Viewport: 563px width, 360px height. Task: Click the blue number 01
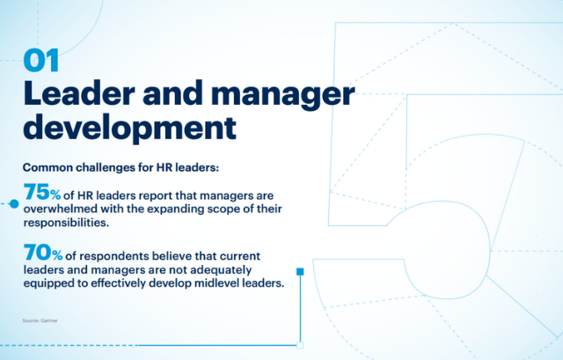[41, 61]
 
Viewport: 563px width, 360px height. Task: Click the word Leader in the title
[79, 93]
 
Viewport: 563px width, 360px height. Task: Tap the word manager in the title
[282, 95]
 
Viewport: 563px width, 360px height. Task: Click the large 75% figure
[42, 192]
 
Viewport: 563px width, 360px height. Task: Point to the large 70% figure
[43, 253]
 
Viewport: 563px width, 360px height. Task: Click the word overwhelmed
[61, 209]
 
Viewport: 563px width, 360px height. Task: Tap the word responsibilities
[66, 223]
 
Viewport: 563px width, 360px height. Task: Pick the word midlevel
[216, 283]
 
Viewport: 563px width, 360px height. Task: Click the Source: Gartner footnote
[40, 320]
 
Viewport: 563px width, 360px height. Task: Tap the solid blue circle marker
[14, 203]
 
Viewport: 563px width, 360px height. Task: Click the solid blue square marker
[300, 272]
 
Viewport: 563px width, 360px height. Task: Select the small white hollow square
[300, 345]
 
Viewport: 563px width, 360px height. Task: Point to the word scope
[223, 209]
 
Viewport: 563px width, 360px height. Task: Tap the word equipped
[49, 283]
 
